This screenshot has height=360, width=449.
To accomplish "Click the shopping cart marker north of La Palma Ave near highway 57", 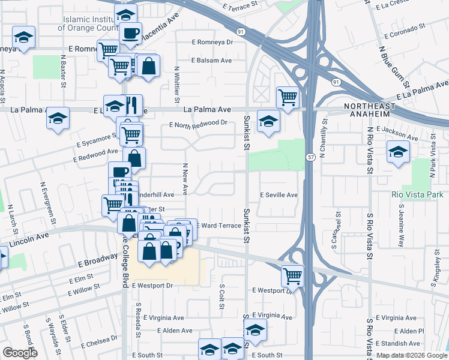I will coord(288,97).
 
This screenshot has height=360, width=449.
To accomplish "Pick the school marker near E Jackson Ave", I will coord(397,152).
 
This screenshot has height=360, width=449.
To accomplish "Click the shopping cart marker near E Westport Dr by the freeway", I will coord(293,277).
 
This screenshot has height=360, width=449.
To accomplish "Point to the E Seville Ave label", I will coord(279,195).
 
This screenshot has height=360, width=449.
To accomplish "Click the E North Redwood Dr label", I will coord(199,124).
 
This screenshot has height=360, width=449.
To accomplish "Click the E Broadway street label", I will coord(95,260).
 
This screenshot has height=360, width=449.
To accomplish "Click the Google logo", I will coord(20,353).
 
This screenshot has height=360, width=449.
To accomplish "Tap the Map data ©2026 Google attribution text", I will coord(412,355).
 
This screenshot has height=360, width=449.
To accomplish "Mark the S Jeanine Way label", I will coord(402,222).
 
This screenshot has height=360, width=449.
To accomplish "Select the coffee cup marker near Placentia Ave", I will coord(130,33).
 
